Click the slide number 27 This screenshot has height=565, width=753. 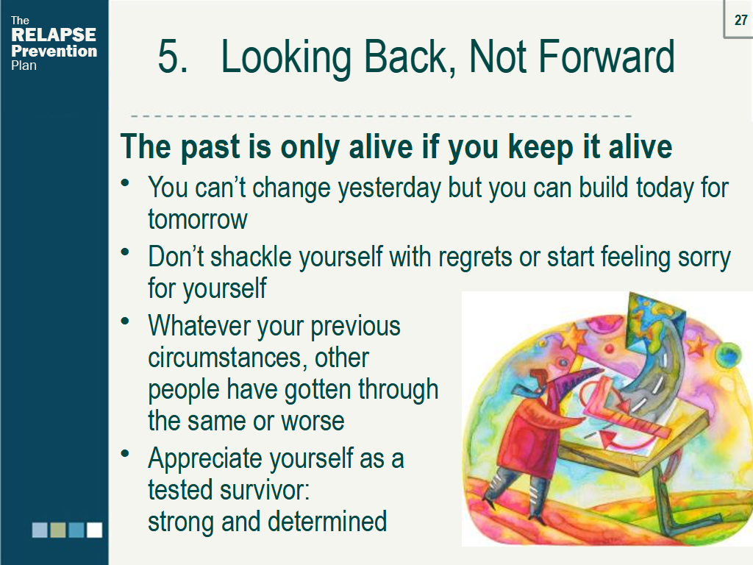(740, 21)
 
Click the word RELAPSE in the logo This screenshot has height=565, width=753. (54, 35)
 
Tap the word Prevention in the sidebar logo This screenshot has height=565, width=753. (54, 51)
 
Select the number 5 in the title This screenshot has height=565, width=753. (171, 57)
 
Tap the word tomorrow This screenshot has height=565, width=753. (197, 219)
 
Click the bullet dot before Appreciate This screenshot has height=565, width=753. (126, 454)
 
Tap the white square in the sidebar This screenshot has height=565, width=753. (94, 530)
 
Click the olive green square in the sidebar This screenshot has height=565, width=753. (58, 530)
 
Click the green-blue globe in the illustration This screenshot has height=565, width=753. (728, 357)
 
